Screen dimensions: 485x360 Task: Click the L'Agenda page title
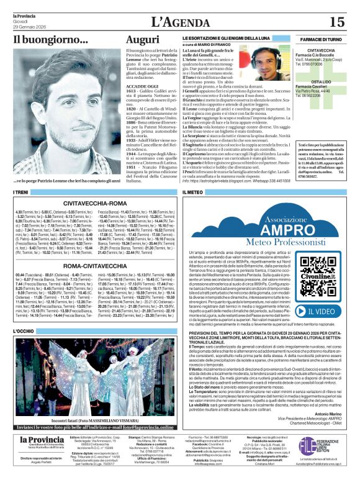coord(179,22)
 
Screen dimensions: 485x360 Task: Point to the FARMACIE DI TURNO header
coord(318,39)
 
